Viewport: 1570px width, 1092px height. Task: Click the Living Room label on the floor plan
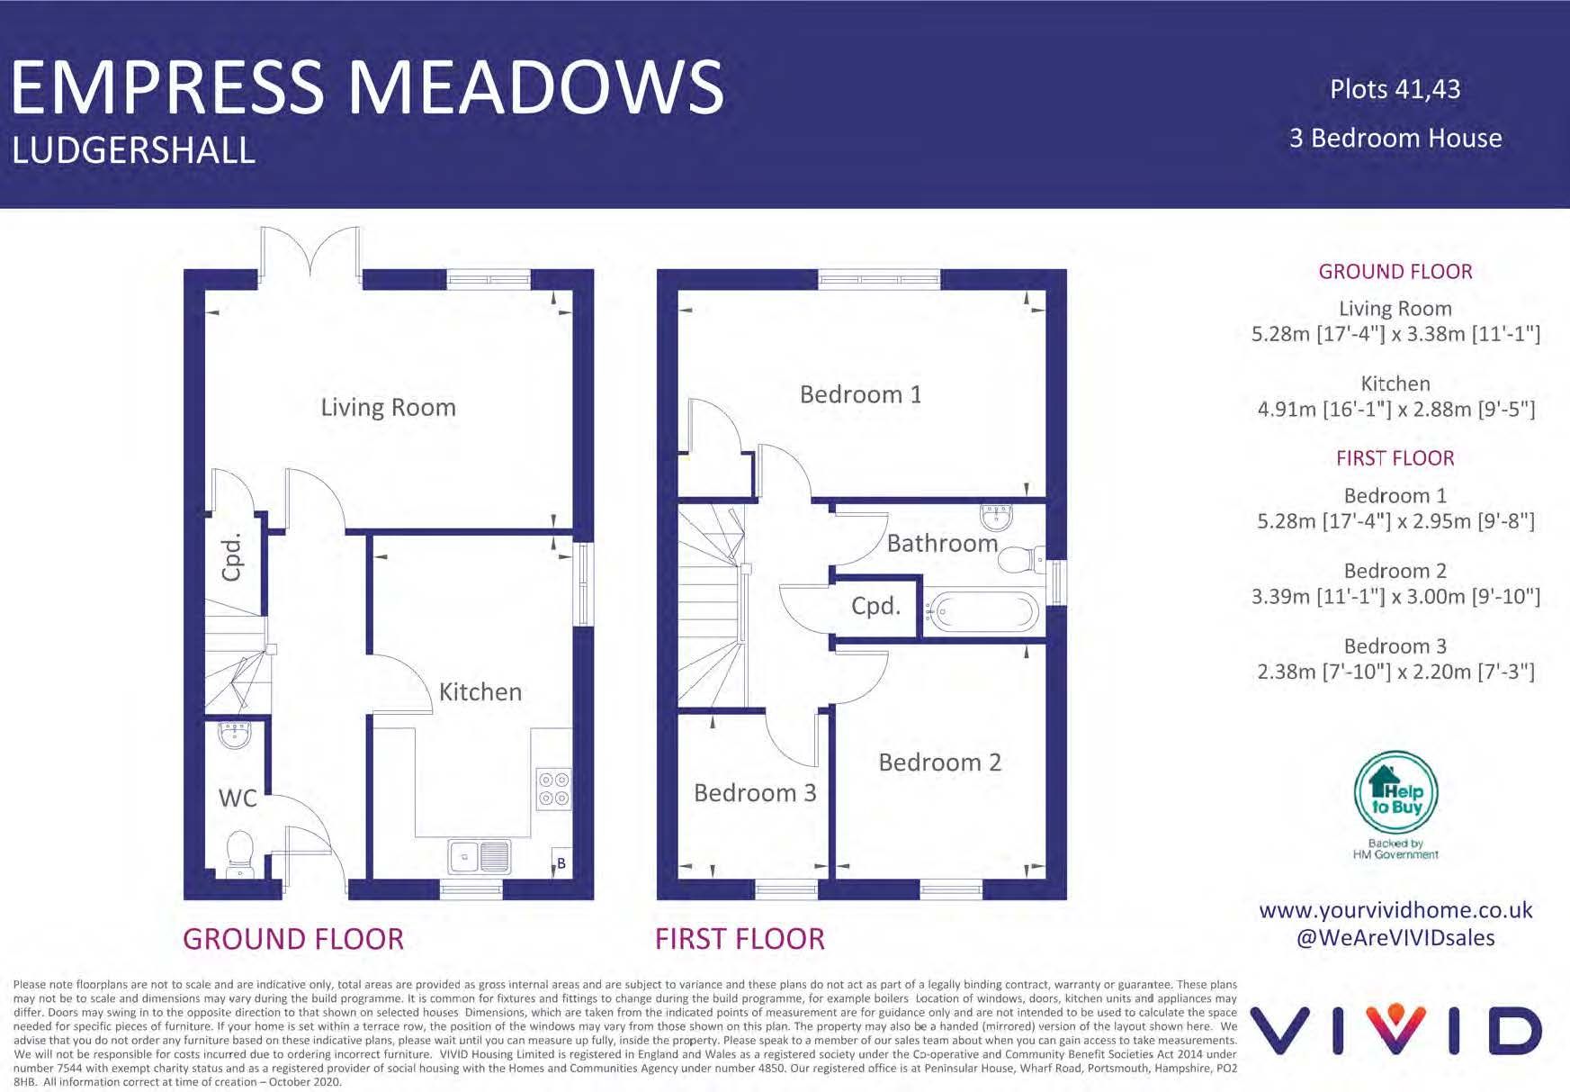[x=388, y=408]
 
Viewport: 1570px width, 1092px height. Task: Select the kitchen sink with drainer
[x=480, y=856]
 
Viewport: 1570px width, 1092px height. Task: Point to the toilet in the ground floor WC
[x=239, y=853]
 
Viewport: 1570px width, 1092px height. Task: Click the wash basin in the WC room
[x=236, y=736]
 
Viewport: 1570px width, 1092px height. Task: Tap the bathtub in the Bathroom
[x=982, y=612]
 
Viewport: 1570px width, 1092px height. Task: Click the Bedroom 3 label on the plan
[x=755, y=793]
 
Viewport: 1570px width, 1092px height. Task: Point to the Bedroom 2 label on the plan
[x=939, y=763]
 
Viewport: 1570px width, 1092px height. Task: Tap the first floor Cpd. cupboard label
[x=875, y=606]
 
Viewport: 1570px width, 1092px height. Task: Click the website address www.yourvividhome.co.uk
[x=1395, y=910]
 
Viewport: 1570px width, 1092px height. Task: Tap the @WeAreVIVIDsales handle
[x=1395, y=938]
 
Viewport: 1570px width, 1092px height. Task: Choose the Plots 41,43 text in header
[x=1395, y=89]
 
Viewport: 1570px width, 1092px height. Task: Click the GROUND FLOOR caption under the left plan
[x=293, y=939]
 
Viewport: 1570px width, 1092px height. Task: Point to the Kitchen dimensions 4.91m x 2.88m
[x=1395, y=409]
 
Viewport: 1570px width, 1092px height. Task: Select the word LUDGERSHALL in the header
[x=134, y=150]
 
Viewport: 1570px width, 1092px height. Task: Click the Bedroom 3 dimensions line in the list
[x=1395, y=672]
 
